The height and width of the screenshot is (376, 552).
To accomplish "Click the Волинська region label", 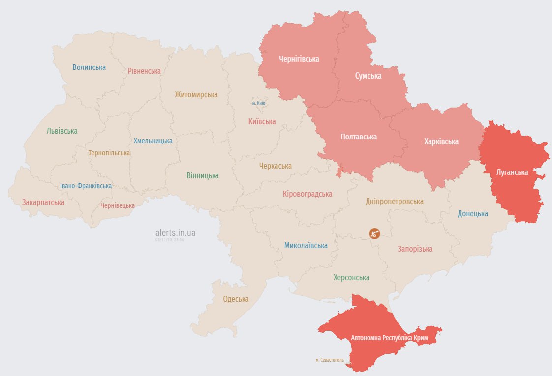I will (89, 67).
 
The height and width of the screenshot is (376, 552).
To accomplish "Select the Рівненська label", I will (144, 71).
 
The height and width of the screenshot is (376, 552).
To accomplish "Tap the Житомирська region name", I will (196, 94).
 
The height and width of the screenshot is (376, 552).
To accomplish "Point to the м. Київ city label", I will (258, 103).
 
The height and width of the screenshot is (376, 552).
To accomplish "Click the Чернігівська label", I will (299, 59).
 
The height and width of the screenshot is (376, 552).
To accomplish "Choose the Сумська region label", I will (368, 76).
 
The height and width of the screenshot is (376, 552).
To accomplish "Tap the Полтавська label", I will (359, 137).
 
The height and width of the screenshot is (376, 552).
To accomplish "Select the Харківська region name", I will (441, 141).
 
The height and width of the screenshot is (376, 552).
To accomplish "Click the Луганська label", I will (513, 172).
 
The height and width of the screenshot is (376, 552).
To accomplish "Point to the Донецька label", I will (473, 213).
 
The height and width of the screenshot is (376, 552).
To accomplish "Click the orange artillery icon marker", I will (375, 233).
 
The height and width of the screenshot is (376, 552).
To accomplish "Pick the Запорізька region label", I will (415, 249).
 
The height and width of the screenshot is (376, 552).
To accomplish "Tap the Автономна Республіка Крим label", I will (389, 338).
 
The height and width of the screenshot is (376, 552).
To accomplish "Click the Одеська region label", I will (236, 299).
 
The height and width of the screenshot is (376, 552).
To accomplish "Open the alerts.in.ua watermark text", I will (175, 233).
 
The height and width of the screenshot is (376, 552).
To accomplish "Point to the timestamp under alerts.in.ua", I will (170, 240).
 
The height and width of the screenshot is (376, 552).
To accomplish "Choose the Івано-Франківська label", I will (86, 186).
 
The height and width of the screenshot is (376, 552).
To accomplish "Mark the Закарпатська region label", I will (43, 202).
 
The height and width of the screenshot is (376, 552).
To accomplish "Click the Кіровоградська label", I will (307, 194).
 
